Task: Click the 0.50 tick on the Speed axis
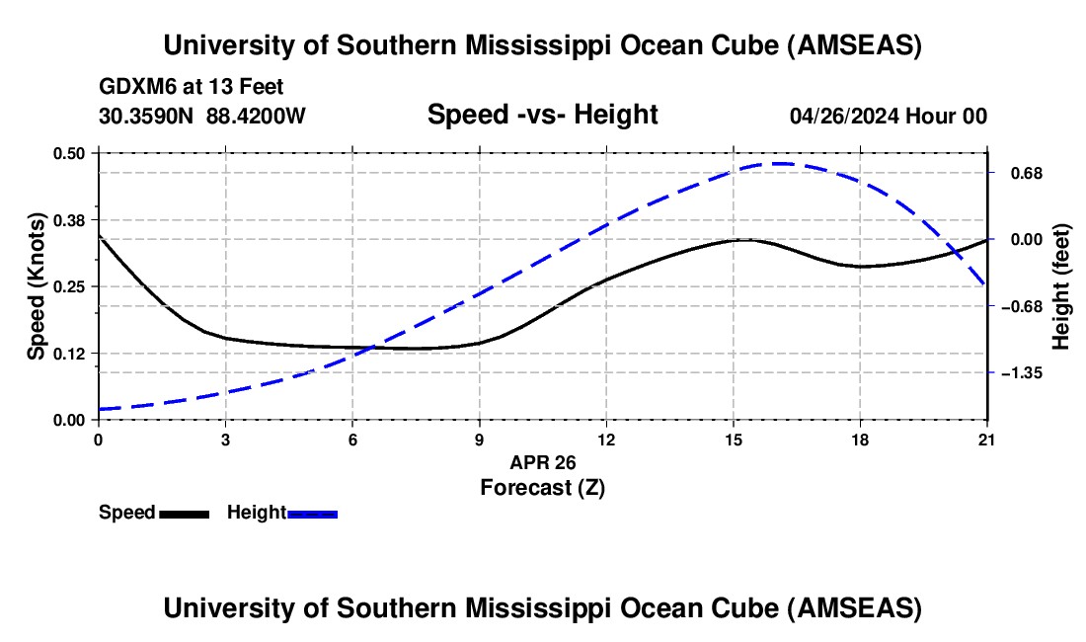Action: (x=70, y=153)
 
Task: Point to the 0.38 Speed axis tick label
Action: (x=70, y=219)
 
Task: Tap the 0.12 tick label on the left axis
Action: (x=70, y=354)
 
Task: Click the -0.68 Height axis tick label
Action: (x=1020, y=306)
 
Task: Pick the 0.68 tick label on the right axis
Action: (x=1024, y=173)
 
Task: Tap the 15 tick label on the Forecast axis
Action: (x=733, y=440)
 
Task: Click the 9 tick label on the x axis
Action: (x=479, y=440)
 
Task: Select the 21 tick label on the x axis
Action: (x=987, y=440)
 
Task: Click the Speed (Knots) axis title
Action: (x=36, y=286)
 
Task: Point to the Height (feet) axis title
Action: (x=1062, y=286)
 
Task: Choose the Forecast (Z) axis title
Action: (x=542, y=487)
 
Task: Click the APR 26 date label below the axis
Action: (x=542, y=462)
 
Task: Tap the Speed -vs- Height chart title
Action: (x=542, y=115)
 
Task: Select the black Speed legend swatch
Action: (x=184, y=514)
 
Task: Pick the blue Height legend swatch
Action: (x=313, y=514)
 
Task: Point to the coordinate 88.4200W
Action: (x=257, y=116)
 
